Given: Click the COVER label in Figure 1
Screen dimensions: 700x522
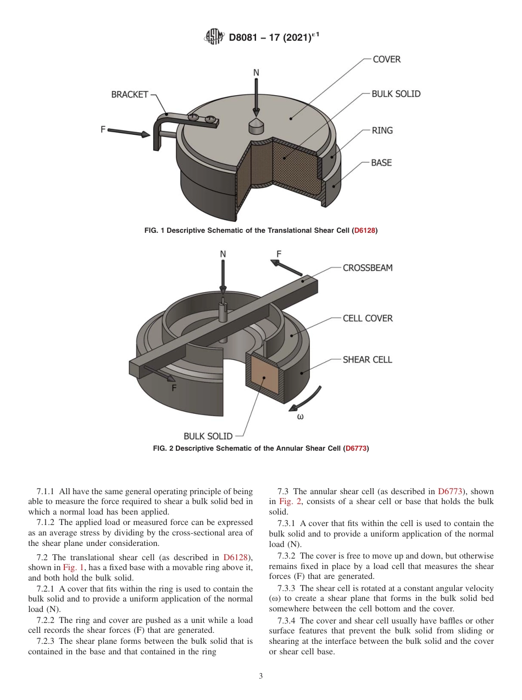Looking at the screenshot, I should click(386, 59).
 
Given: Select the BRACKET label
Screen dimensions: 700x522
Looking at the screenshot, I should click(130, 95).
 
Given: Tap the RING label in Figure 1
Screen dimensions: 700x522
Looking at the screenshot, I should click(382, 130).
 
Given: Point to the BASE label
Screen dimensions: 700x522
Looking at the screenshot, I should click(381, 163).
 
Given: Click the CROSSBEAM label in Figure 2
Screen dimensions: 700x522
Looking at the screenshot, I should click(368, 268).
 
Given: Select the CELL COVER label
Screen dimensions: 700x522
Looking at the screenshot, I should click(368, 318).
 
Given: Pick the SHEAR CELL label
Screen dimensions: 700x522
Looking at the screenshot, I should click(367, 359).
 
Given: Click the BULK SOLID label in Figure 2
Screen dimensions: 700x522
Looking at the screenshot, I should click(208, 436).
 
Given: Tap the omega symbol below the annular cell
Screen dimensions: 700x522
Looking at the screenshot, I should click(300, 417).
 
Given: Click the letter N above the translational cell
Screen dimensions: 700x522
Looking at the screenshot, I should click(256, 73).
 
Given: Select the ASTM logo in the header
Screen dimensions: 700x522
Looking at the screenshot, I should click(214, 37).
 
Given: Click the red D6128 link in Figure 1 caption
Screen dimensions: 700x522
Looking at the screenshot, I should click(364, 231).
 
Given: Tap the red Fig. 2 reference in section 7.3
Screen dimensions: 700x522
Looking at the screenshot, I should click(289, 501).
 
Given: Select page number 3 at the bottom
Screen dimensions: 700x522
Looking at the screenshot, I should click(261, 676).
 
